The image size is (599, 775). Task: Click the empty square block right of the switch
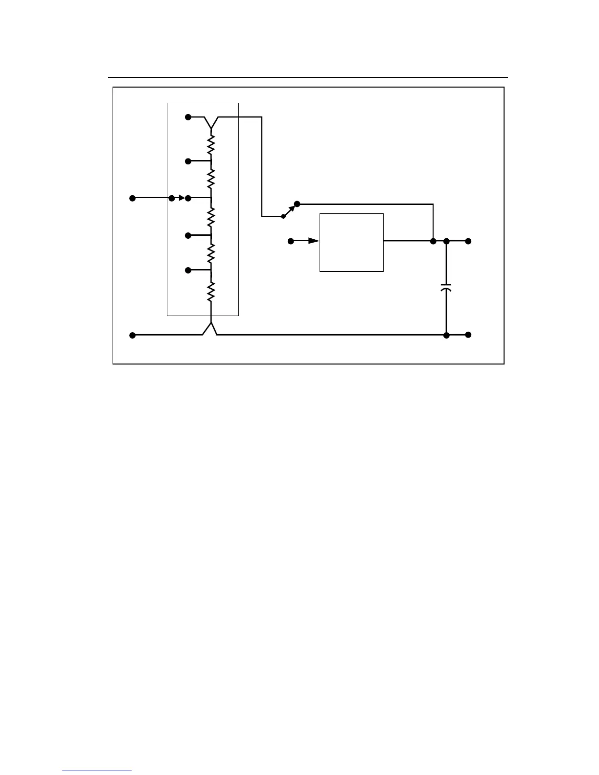point(351,242)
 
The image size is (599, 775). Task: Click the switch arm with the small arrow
point(290,210)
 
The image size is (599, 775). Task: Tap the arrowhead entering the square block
point(314,241)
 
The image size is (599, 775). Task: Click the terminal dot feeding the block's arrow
point(290,241)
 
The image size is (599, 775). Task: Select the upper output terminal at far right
point(468,241)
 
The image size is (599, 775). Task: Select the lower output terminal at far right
point(468,335)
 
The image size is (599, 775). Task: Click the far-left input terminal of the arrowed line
point(132,198)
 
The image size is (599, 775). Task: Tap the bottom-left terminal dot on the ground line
point(132,335)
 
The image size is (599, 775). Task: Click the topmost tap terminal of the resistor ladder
point(188,117)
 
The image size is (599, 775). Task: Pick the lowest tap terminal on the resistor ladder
point(188,270)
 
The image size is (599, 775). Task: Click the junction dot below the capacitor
point(446,335)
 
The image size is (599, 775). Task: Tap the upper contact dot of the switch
point(297,204)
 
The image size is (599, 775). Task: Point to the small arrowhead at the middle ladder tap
point(181,198)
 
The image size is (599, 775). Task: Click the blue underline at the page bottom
point(97,771)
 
